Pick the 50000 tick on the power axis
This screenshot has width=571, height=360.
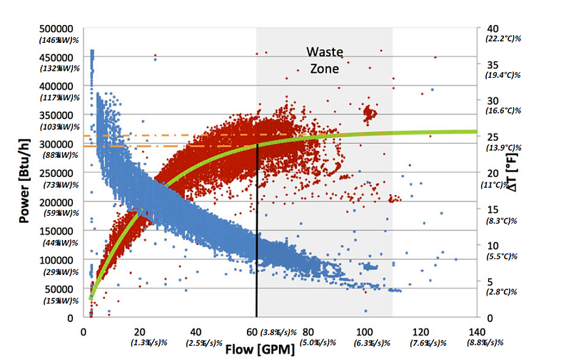pyautogui.click(x=62, y=288)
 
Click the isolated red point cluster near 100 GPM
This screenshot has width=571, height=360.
pyautogui.click(x=369, y=112)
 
